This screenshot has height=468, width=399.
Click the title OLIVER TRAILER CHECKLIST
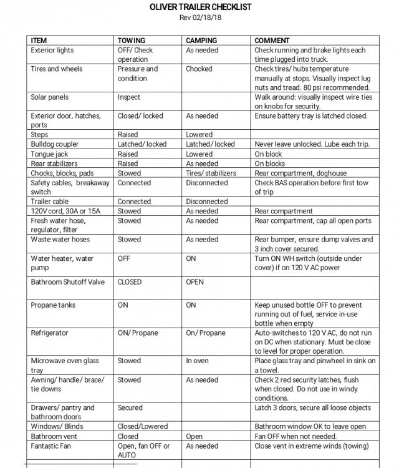(x=199, y=7)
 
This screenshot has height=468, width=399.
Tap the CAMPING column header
(x=201, y=40)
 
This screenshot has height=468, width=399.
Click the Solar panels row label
(x=50, y=97)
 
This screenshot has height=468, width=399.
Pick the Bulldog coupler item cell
(x=55, y=144)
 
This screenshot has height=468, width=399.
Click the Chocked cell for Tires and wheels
(x=199, y=69)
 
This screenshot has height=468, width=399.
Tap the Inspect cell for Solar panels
(x=129, y=97)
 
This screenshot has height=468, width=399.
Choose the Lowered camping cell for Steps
(x=199, y=135)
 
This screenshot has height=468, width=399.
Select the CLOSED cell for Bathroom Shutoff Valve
(x=130, y=281)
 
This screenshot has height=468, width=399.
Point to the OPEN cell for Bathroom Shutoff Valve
(x=195, y=281)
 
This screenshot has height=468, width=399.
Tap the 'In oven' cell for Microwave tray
(x=198, y=361)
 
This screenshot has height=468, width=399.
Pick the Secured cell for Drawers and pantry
(x=130, y=407)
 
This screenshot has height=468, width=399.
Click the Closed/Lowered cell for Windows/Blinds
(x=143, y=427)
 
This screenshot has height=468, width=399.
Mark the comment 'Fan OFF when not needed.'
(x=296, y=437)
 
